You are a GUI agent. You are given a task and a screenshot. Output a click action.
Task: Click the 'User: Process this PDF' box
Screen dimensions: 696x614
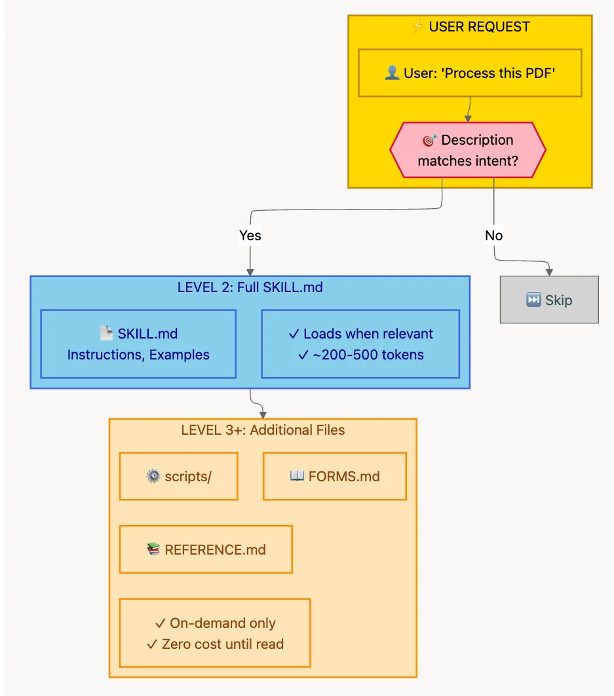pyautogui.click(x=470, y=73)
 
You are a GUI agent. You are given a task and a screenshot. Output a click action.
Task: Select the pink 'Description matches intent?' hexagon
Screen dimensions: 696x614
pyautogui.click(x=468, y=150)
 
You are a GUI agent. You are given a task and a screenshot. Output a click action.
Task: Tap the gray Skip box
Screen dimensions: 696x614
pyautogui.click(x=549, y=300)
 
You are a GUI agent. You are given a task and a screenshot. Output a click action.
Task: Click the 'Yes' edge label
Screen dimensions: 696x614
pyautogui.click(x=250, y=235)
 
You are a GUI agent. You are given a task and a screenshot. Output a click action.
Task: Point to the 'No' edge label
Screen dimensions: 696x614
pyautogui.click(x=493, y=235)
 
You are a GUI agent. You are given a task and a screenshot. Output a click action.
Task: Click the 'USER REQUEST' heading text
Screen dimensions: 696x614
pyautogui.click(x=479, y=27)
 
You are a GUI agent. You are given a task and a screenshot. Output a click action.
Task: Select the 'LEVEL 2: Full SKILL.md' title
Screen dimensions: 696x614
pyautogui.click(x=250, y=287)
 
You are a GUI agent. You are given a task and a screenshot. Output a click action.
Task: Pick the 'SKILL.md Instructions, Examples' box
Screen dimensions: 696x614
pyautogui.click(x=138, y=344)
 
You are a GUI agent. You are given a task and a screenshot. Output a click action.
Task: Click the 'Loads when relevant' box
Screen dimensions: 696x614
pyautogui.click(x=360, y=344)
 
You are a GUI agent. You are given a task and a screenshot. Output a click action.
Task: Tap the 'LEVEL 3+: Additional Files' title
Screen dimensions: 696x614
pyautogui.click(x=263, y=430)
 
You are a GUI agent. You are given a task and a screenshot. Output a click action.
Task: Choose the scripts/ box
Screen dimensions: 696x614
pyautogui.click(x=178, y=476)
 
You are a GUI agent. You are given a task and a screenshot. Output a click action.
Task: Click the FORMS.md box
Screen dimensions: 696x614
pyautogui.click(x=334, y=476)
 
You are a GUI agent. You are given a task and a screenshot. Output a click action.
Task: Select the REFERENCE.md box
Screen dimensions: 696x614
pyautogui.click(x=206, y=549)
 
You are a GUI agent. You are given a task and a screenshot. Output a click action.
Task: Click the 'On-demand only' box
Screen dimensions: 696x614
pyautogui.click(x=215, y=633)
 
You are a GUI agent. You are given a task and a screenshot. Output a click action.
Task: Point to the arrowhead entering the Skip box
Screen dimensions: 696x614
pyautogui.click(x=549, y=272)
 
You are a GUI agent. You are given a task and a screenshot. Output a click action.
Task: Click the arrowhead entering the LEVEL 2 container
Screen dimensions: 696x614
pyautogui.click(x=250, y=272)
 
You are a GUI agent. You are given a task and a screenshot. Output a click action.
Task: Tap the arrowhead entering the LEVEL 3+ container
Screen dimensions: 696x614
pyautogui.click(x=263, y=414)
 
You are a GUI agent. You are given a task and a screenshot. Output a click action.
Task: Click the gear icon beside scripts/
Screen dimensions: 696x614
pyautogui.click(x=153, y=476)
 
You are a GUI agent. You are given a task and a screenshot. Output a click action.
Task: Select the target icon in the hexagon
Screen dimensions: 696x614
pyautogui.click(x=430, y=140)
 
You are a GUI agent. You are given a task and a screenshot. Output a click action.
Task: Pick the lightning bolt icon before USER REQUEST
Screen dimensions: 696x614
pyautogui.click(x=417, y=27)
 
